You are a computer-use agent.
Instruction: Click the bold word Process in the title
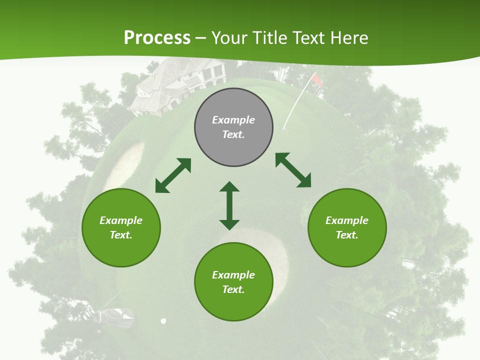[157, 38]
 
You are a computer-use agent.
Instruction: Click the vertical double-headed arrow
[229, 205]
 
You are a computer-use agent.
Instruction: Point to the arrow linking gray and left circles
[173, 175]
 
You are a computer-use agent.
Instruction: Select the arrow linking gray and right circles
[293, 170]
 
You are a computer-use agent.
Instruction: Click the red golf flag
[316, 79]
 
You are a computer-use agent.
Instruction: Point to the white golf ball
[163, 321]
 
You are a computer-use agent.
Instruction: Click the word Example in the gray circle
[233, 120]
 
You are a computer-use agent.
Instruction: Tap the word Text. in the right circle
[347, 235]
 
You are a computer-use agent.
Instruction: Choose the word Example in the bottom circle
[233, 275]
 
